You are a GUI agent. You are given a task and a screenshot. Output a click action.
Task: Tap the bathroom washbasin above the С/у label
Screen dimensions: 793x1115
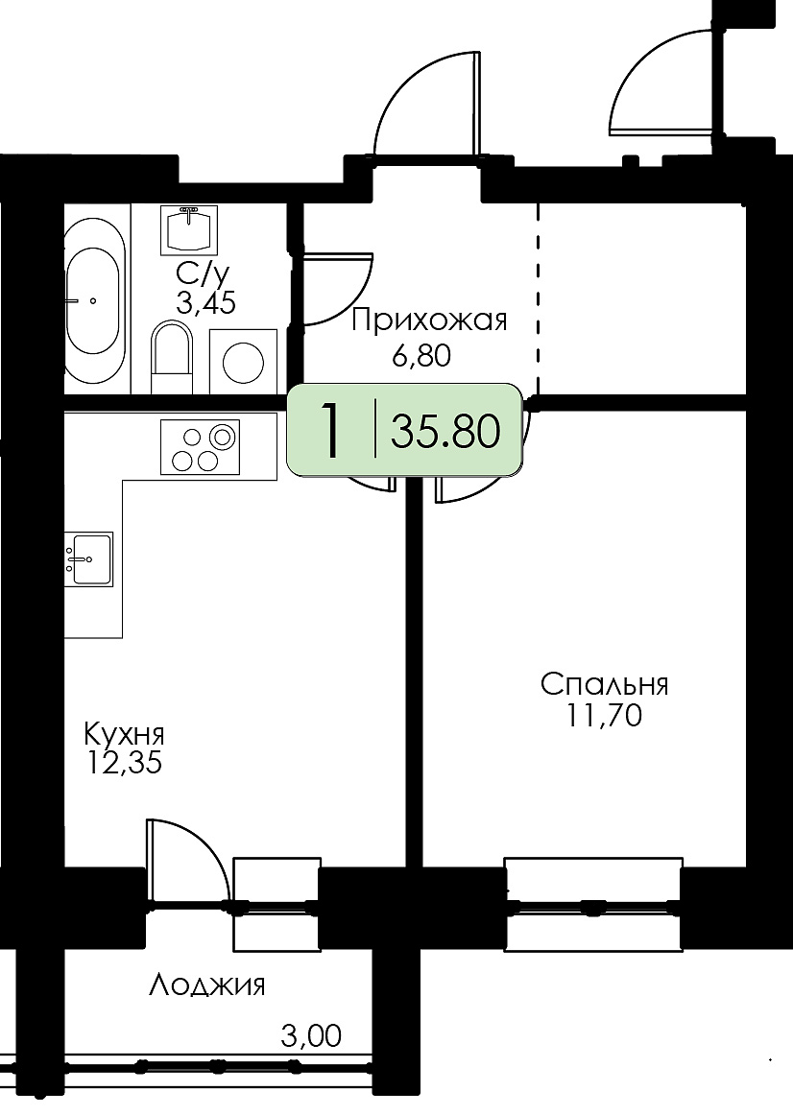pos(189,229)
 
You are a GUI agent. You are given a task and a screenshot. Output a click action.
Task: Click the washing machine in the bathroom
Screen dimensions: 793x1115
pos(243,361)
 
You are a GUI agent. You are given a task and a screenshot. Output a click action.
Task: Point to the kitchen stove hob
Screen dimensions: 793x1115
pos(200,446)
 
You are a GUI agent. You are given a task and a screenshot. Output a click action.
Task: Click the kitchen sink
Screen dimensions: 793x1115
pos(89,558)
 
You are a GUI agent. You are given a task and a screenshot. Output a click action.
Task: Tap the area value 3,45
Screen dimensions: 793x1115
pos(205,304)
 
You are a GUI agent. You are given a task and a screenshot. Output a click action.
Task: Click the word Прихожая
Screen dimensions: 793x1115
pos(429,321)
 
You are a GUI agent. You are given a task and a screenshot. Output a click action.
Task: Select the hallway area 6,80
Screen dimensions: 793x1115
pos(421,355)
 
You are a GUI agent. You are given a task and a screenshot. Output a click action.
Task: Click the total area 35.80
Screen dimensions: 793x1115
pos(445,431)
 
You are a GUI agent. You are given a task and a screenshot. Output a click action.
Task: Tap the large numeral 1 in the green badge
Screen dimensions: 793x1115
pos(330,430)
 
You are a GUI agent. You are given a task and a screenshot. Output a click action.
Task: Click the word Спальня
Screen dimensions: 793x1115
pos(604,685)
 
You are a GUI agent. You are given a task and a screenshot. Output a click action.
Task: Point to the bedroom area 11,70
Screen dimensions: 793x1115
pos(604,715)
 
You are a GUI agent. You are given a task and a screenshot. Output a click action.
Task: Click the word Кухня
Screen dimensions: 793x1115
pos(124,732)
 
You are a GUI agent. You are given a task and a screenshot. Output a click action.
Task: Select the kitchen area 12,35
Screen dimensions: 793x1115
pos(124,762)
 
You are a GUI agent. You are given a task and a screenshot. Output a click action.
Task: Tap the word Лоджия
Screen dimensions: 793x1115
pos(207,985)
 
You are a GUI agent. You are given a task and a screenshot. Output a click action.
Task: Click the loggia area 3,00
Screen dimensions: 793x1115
pos(311,1035)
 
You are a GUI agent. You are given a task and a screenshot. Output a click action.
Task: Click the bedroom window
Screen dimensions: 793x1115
pos(593,905)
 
